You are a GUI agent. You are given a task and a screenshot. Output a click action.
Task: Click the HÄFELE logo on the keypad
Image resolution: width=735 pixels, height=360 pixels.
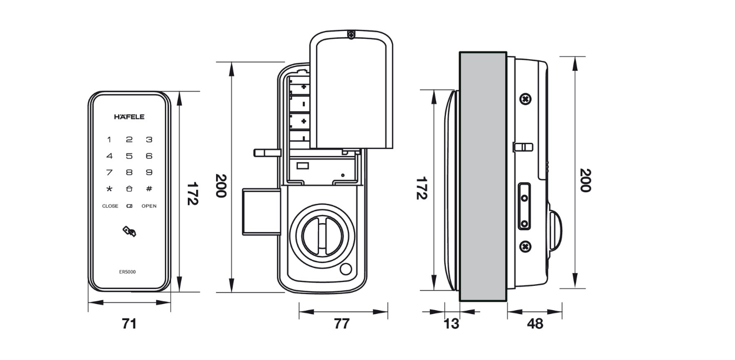(x=129, y=117)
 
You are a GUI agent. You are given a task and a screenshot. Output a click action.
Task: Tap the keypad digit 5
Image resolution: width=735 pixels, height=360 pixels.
(x=129, y=156)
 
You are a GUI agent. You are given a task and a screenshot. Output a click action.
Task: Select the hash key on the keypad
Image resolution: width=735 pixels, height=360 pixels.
(x=149, y=189)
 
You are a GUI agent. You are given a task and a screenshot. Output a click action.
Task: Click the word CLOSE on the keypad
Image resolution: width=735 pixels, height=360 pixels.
(x=110, y=206)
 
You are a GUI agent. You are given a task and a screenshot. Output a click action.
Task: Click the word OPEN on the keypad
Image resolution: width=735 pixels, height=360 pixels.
(x=149, y=206)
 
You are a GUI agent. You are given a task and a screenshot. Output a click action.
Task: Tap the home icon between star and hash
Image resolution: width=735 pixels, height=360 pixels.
(x=129, y=189)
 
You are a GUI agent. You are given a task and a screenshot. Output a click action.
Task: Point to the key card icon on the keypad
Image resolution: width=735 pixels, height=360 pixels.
(x=130, y=232)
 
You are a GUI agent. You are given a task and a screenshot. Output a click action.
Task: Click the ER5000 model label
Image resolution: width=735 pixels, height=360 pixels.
(x=127, y=271)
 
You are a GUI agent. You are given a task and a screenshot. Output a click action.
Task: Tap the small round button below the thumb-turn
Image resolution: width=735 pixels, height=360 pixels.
(x=346, y=270)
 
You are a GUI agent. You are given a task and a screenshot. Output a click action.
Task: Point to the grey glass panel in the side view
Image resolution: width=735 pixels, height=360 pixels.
(x=483, y=176)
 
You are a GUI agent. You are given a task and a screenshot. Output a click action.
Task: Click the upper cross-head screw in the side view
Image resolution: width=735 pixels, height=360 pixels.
(x=526, y=99)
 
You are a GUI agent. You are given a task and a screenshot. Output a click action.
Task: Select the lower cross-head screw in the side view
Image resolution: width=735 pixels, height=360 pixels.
(x=526, y=246)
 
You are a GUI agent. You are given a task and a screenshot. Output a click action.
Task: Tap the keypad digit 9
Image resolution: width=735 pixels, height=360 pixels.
(x=149, y=172)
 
